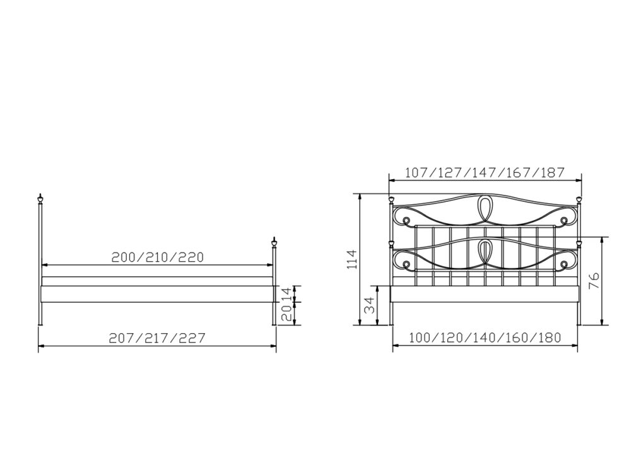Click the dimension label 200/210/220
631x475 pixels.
tap(158, 257)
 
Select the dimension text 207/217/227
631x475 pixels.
tap(157, 338)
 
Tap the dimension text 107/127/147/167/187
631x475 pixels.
tap(485, 173)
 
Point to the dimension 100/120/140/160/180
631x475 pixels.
tap(485, 337)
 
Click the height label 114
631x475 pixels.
tap(351, 259)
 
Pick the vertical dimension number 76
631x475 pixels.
tap(594, 281)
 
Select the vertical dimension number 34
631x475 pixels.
tap(369, 305)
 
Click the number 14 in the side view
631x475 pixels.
tap(286, 293)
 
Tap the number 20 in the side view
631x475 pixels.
tap(286, 312)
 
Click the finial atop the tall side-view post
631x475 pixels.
tap(40, 198)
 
